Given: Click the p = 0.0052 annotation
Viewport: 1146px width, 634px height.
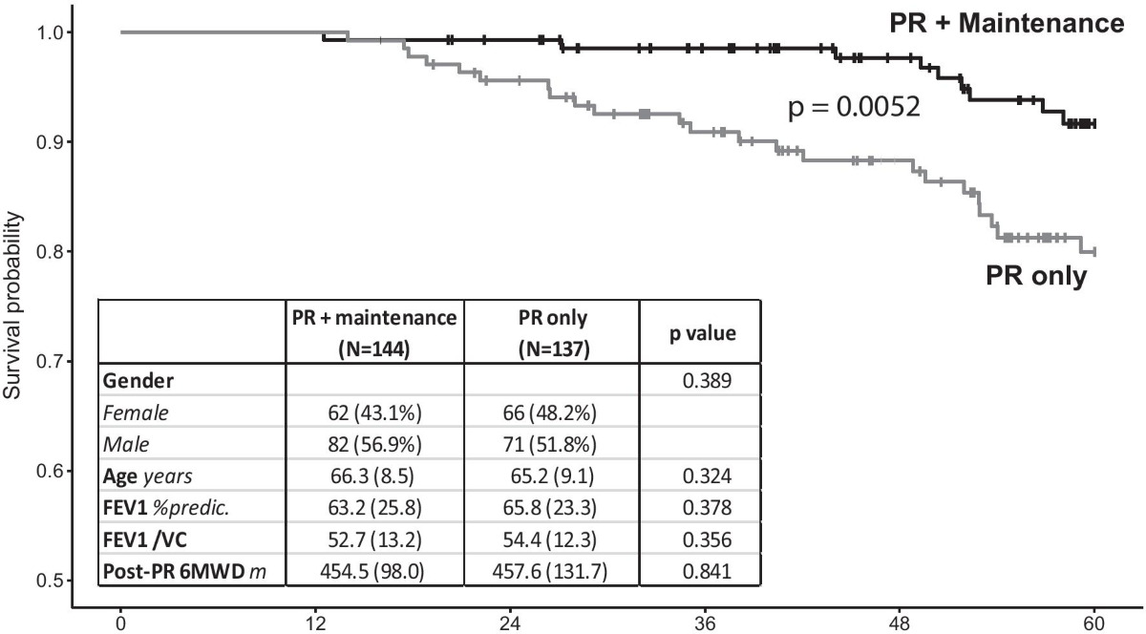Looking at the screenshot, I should [853, 108].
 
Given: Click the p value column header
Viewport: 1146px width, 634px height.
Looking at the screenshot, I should [699, 335].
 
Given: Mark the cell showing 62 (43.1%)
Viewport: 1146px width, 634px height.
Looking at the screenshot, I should [374, 414].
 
